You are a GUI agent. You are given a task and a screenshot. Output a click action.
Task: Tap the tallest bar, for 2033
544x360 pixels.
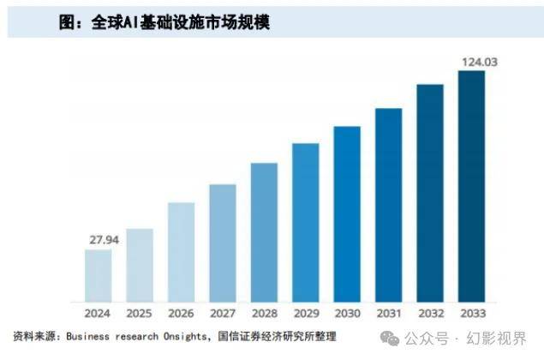click(471, 183)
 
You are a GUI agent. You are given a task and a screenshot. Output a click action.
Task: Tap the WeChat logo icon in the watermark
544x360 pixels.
click(391, 335)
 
